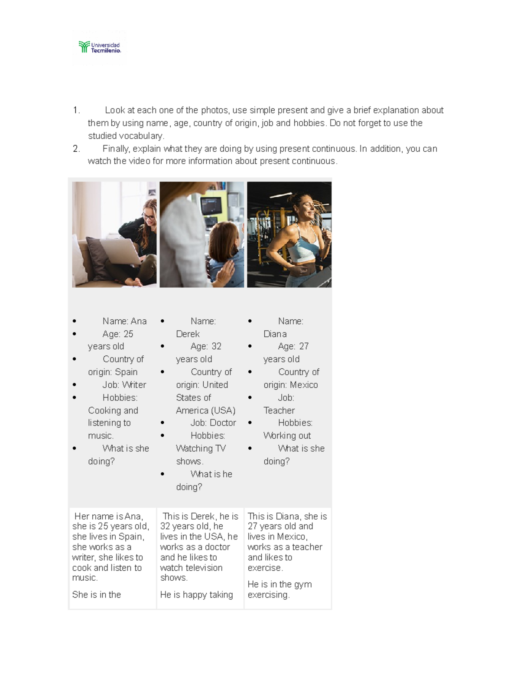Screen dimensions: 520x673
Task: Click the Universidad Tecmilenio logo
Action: tap(99, 47)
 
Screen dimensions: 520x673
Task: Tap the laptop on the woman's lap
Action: tap(121, 251)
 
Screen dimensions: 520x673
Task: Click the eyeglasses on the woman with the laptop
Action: tap(149, 216)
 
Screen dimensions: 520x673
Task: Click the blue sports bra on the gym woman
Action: tap(304, 245)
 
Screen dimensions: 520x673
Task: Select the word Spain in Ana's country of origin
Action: tap(126, 372)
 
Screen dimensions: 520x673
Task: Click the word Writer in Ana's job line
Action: tap(134, 385)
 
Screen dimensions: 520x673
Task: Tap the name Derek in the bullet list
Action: tap(188, 334)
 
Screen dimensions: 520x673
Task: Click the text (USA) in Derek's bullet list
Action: tap(223, 410)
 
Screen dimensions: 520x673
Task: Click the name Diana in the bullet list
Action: tap(275, 334)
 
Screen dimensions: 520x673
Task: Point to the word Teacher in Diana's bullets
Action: tap(279, 410)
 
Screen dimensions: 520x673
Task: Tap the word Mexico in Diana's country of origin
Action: tap(304, 385)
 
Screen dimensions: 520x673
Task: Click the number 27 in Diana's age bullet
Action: tap(304, 346)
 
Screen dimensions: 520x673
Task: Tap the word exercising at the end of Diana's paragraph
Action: tap(269, 595)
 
